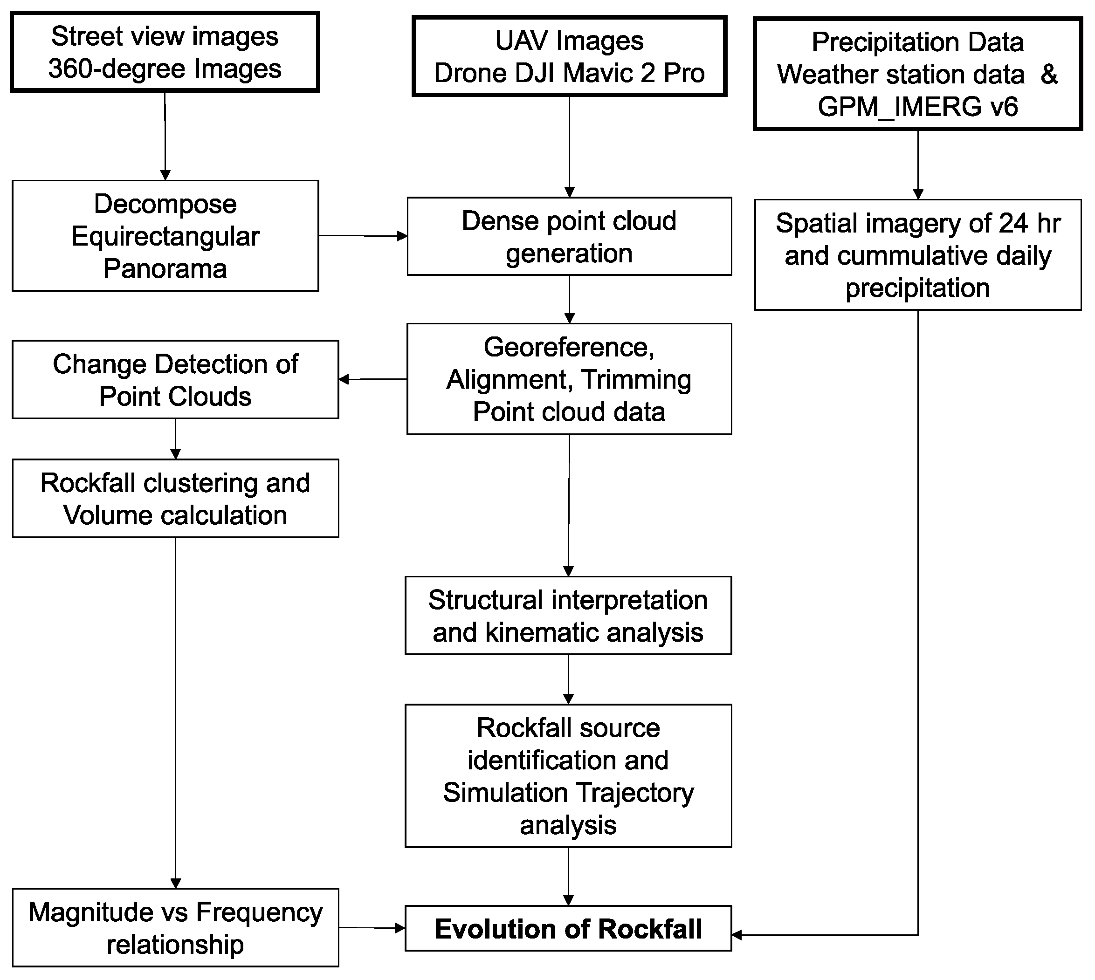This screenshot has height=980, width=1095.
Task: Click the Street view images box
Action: point(165,52)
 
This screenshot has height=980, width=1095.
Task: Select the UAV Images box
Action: point(569,56)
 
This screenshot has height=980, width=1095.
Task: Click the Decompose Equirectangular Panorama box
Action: point(165,236)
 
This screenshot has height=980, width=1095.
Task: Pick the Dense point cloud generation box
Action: point(569,236)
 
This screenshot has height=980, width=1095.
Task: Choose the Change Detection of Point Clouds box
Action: point(175,380)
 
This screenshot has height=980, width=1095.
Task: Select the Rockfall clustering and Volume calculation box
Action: point(175,499)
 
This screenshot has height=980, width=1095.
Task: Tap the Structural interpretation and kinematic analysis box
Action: point(568,616)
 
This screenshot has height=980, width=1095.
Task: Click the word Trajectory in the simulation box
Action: point(635,793)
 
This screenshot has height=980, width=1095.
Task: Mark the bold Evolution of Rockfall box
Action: point(568,929)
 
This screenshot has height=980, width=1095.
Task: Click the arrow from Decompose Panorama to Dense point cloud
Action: point(363,236)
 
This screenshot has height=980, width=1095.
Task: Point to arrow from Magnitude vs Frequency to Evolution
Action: point(372,928)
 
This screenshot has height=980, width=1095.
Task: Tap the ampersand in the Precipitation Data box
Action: point(1049,74)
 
